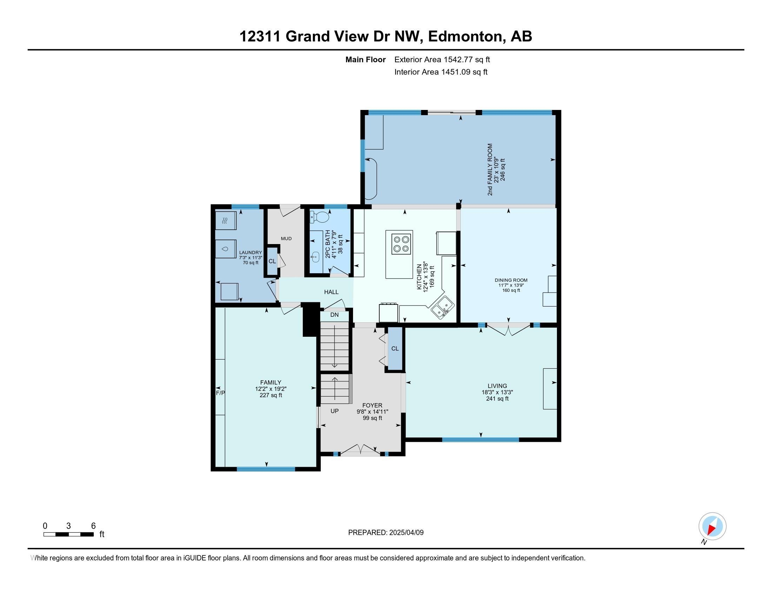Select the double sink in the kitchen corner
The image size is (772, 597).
pos(442,307)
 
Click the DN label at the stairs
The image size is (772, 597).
pos(334,314)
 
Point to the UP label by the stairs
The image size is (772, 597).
pos(334,411)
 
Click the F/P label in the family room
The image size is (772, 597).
pos(220,393)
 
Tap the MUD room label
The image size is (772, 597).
pos(286,238)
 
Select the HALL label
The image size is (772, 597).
pos(332,292)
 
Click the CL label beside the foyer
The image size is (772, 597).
pos(395,348)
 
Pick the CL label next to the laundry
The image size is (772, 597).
pos(272,261)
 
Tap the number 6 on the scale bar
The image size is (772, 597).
pos(93,526)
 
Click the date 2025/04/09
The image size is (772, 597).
pos(406,532)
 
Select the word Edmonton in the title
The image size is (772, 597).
pos(466,37)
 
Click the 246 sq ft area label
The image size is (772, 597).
pos(503,169)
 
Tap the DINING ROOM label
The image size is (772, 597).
pos(511,280)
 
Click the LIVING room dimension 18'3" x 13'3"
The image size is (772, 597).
pos(497,392)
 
